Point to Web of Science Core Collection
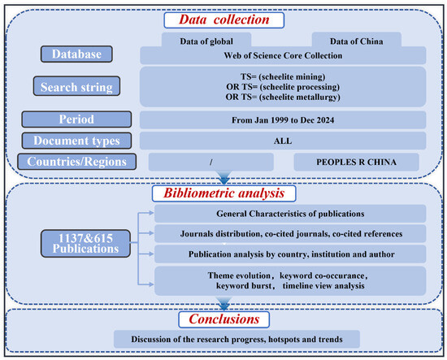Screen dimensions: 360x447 pyautogui.click(x=284, y=55)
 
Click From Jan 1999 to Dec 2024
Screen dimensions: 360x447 pyautogui.click(x=284, y=118)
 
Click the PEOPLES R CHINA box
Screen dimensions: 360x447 pyautogui.click(x=354, y=161)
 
